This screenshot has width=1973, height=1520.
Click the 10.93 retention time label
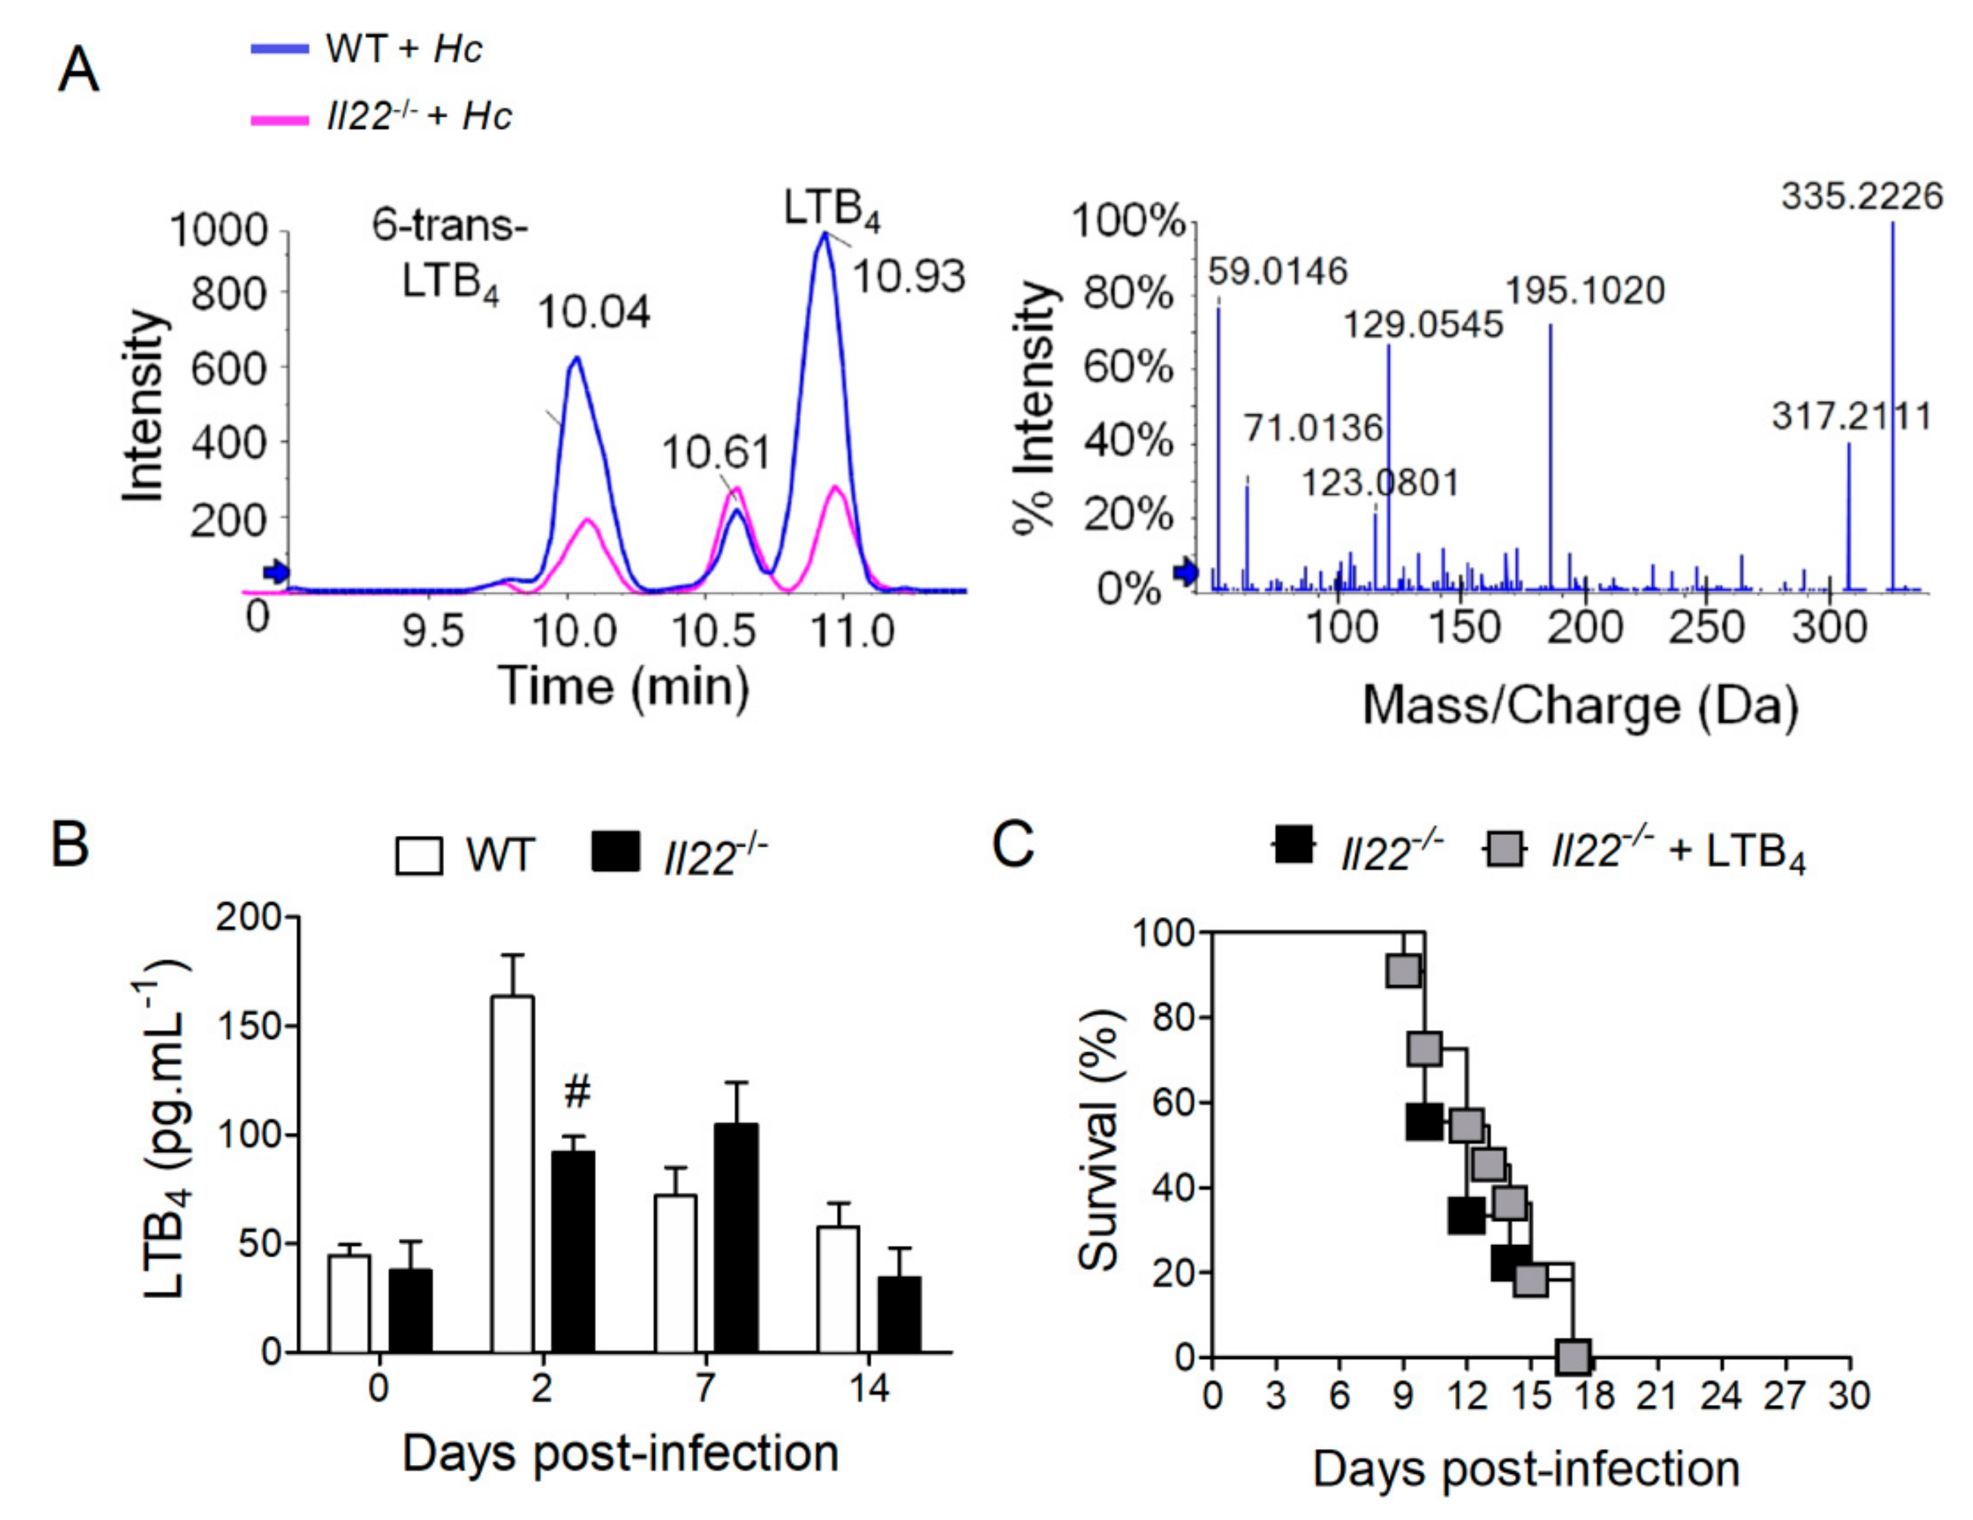tap(908, 276)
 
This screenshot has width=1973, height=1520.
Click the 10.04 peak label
tap(594, 313)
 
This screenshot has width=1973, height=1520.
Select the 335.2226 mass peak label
tap(1861, 196)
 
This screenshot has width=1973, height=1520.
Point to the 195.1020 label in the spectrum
tap(1584, 291)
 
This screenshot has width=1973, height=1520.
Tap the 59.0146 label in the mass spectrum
tap(1277, 271)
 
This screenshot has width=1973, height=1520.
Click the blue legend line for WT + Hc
tap(279, 49)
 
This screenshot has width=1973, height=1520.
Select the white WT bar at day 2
tap(512, 1174)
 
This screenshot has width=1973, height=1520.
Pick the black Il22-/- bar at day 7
tap(736, 1238)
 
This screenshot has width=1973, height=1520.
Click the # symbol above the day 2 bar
tap(577, 1093)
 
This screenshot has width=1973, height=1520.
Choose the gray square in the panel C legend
tap(1504, 849)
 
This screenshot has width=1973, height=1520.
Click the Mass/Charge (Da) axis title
tap(1579, 706)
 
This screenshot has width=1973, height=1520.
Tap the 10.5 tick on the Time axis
tap(713, 630)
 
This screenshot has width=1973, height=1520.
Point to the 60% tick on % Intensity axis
tap(1127, 368)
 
